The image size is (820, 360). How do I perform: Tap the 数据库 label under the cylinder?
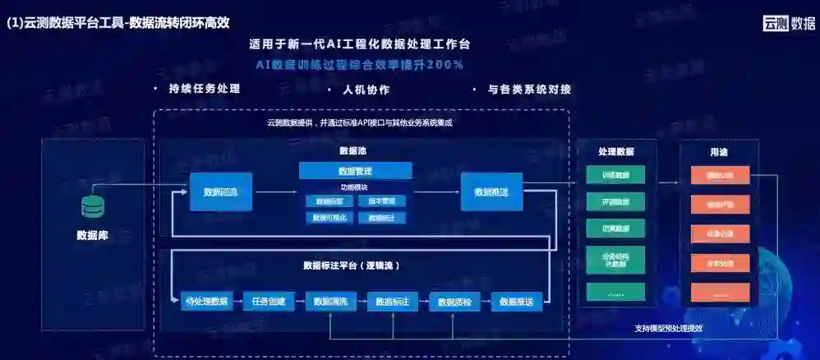(92, 235)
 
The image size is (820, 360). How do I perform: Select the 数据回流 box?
(221, 192)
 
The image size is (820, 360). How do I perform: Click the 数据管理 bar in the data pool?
(355, 171)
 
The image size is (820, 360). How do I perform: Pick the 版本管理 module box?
(381, 201)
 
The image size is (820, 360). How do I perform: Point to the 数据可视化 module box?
(329, 218)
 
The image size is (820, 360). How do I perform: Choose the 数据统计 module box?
(381, 218)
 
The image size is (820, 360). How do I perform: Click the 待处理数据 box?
(207, 302)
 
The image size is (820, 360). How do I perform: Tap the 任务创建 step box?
(269, 302)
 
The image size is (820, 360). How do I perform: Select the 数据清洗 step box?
(330, 302)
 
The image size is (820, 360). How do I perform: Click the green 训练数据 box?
(615, 175)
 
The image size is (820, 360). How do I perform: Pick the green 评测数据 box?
(615, 202)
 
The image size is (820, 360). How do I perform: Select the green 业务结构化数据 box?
(615, 261)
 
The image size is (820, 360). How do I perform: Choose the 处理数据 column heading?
(615, 152)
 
